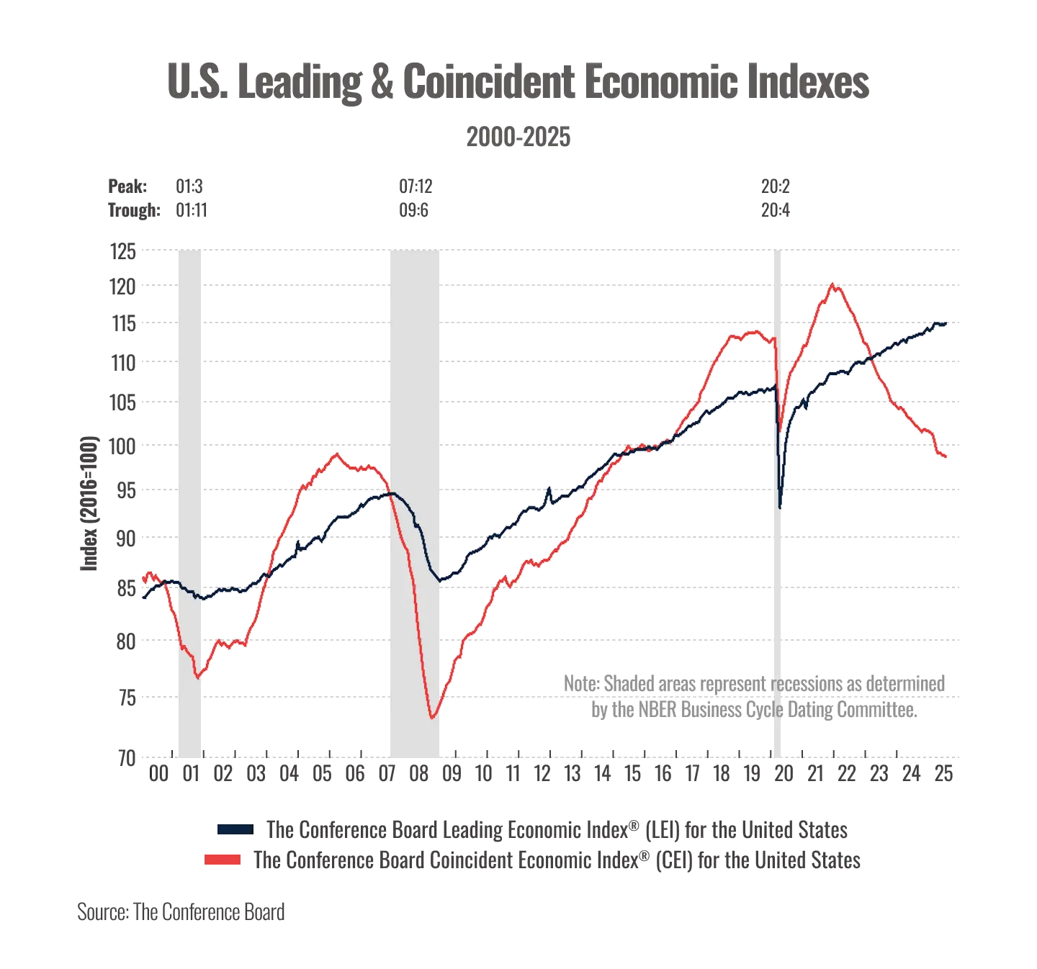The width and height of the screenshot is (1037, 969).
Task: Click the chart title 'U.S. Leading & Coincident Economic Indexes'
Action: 518,82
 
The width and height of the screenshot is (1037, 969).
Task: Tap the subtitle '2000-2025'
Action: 518,137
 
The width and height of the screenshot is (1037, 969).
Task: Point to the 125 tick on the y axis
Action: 122,252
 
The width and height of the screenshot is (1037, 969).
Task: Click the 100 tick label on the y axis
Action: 122,447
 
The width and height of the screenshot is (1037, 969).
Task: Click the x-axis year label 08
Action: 419,775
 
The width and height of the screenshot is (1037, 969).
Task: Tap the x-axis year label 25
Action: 943,775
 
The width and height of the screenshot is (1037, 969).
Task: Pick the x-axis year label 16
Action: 663,775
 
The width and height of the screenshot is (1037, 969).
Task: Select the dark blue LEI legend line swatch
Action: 233,830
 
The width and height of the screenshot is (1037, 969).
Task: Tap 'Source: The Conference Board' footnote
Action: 181,911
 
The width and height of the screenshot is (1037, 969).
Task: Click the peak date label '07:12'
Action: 415,187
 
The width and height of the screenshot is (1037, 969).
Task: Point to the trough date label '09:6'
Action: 415,211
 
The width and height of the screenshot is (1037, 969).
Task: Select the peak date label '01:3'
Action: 189,187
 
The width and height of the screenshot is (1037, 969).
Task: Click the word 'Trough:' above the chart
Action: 134,211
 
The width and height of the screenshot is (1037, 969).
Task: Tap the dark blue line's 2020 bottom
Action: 781,508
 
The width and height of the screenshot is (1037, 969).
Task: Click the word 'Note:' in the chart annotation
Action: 581,684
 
